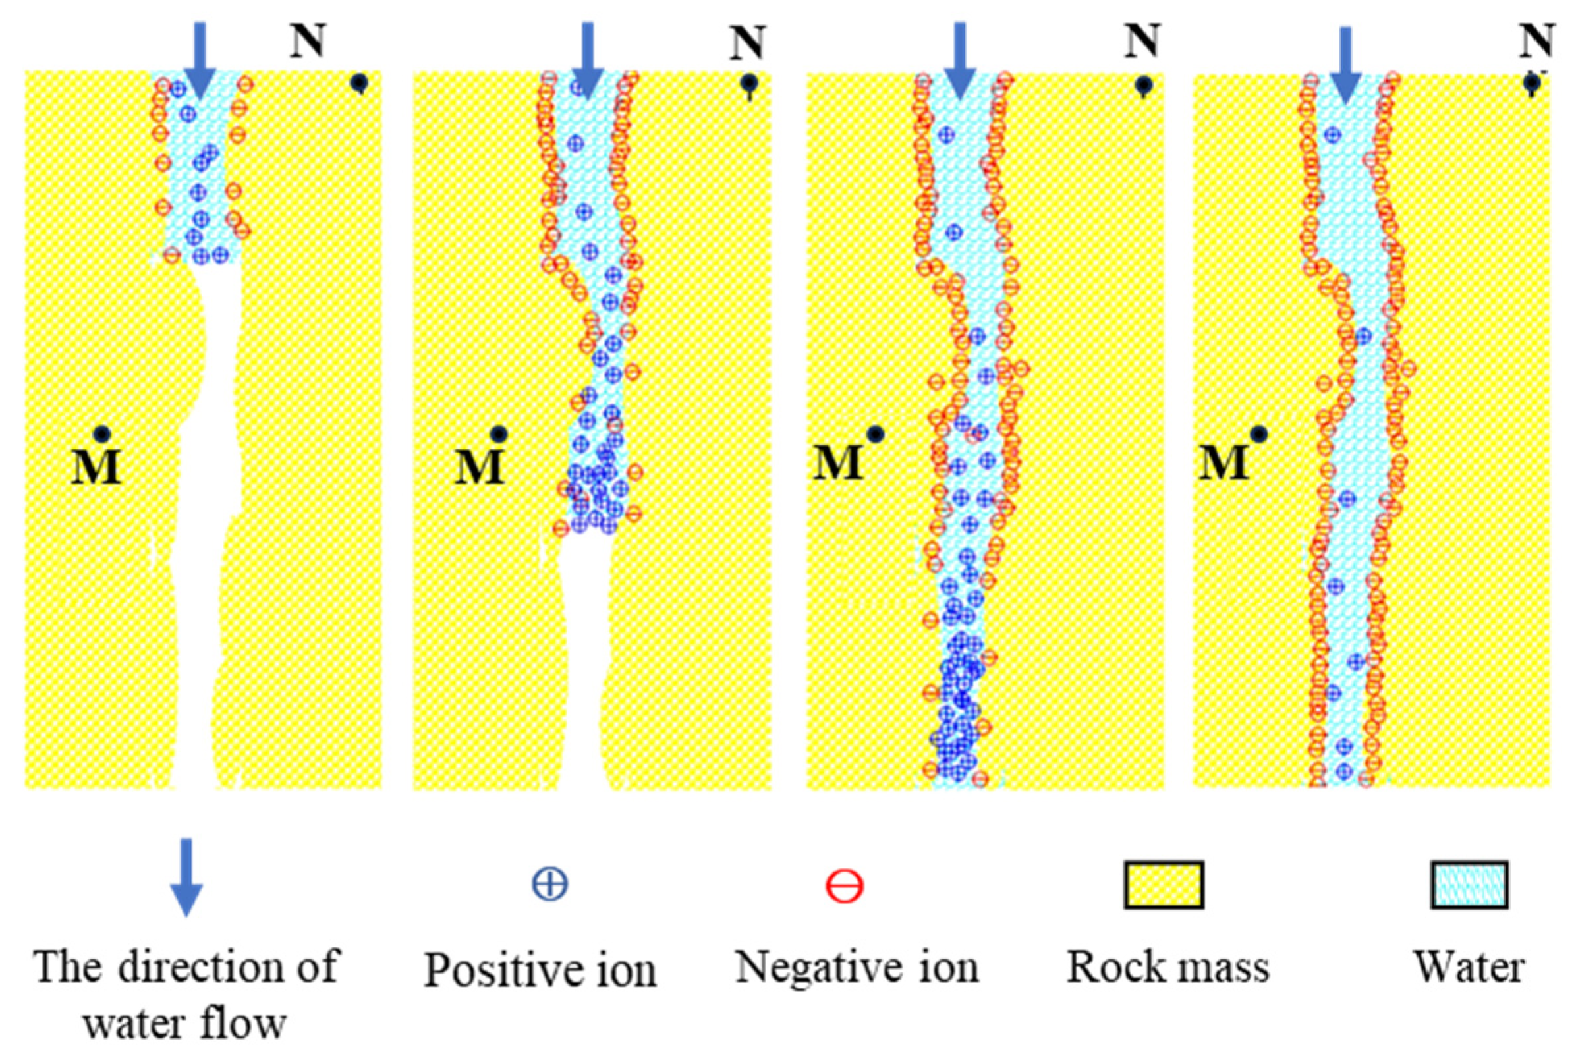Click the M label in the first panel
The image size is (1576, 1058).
[x=96, y=467]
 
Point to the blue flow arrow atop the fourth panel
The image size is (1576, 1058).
[x=1346, y=65]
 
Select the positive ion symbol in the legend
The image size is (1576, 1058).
[x=550, y=885]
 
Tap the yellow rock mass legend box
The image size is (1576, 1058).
[x=1163, y=884]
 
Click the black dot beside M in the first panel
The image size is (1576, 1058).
[x=102, y=433]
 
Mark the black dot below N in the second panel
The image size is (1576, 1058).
[x=748, y=84]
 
